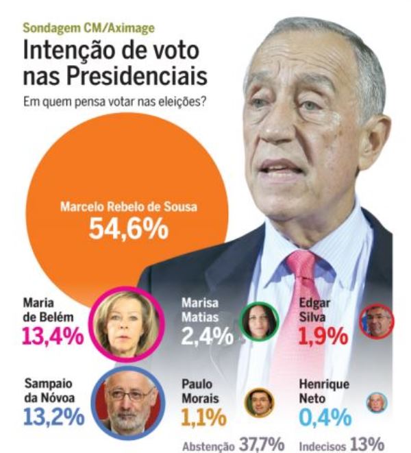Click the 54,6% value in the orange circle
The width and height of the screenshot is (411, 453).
point(129,228)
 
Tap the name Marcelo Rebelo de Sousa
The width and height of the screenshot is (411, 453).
point(129,206)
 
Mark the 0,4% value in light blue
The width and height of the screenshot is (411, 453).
point(325,416)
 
